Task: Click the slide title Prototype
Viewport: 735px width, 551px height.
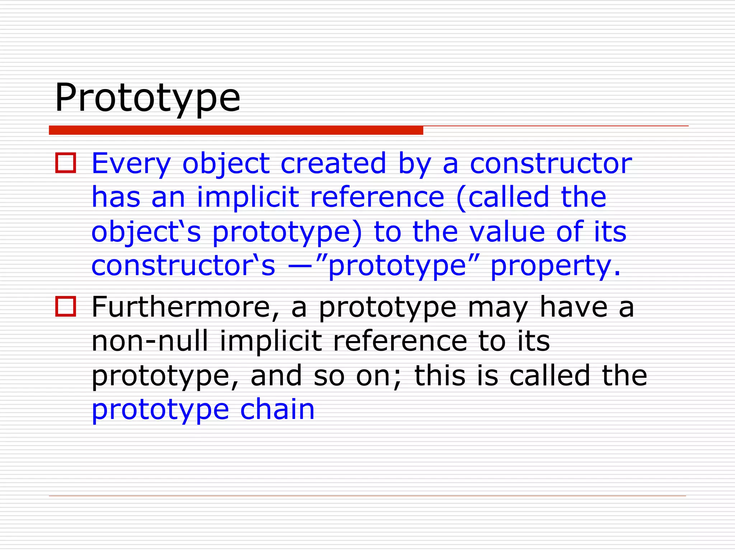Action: coord(147,98)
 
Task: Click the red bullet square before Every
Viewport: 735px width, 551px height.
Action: coord(66,163)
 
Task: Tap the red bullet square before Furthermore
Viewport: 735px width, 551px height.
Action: coord(66,307)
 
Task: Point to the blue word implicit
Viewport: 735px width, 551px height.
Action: coord(248,197)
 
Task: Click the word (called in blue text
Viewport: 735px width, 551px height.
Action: coord(503,197)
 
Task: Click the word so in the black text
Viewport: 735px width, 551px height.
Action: coord(329,376)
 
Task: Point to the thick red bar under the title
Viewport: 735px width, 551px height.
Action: coord(236,130)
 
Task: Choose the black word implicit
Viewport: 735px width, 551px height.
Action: coord(271,341)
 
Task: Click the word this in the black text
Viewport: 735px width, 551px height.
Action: coord(440,376)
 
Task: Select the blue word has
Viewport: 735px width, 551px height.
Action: coord(116,197)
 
